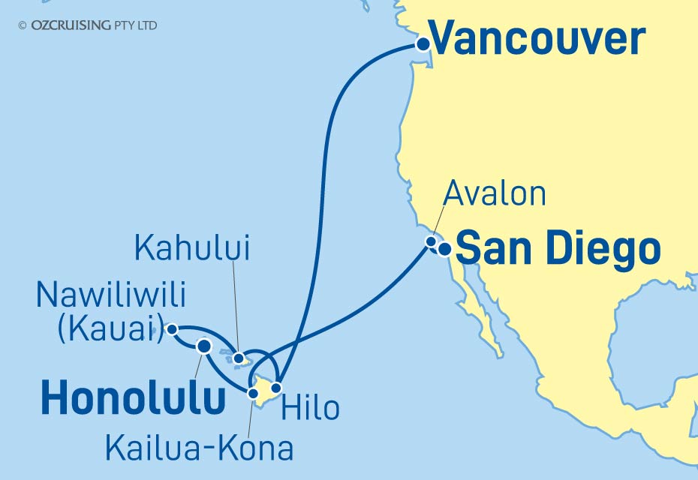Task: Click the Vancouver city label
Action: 537,39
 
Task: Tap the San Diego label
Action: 558,249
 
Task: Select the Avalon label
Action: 494,194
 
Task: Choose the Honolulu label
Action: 134,398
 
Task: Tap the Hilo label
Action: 311,409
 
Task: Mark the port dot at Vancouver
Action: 423,44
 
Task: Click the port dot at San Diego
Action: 444,250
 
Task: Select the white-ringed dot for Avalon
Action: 432,241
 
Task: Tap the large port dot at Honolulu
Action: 203,346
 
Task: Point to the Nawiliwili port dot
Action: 172,328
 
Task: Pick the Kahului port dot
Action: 239,358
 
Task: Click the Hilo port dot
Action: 276,388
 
